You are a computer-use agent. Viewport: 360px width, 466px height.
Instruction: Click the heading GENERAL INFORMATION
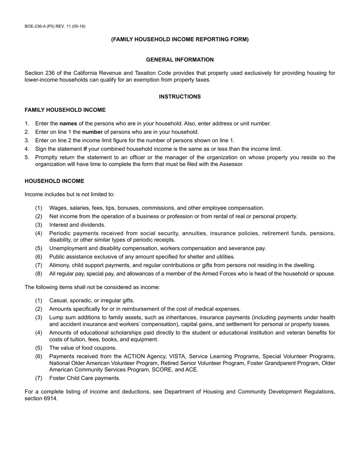(x=180, y=59)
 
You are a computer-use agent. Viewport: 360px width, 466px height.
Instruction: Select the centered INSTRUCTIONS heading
(x=180, y=97)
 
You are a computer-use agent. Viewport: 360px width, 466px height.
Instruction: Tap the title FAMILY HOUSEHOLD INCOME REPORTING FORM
(x=180, y=39)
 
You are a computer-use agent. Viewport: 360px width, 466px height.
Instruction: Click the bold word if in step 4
(x=85, y=149)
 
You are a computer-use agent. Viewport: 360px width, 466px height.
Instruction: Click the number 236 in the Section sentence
(x=50, y=73)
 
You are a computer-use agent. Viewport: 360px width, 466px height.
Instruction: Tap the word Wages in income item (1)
(x=57, y=208)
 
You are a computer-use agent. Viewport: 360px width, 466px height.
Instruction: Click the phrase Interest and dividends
(x=77, y=225)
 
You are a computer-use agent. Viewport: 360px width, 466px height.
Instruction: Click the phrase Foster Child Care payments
(x=85, y=378)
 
